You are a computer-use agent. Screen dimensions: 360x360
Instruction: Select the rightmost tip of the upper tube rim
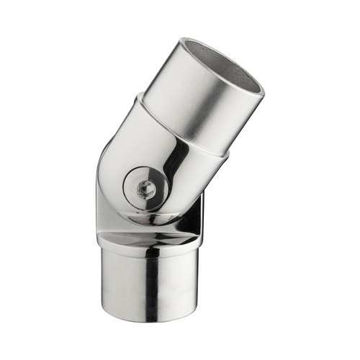tap(264, 93)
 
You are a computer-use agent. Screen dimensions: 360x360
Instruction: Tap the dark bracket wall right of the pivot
tap(193, 216)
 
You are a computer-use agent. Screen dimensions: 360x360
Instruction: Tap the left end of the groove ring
tap(138, 100)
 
